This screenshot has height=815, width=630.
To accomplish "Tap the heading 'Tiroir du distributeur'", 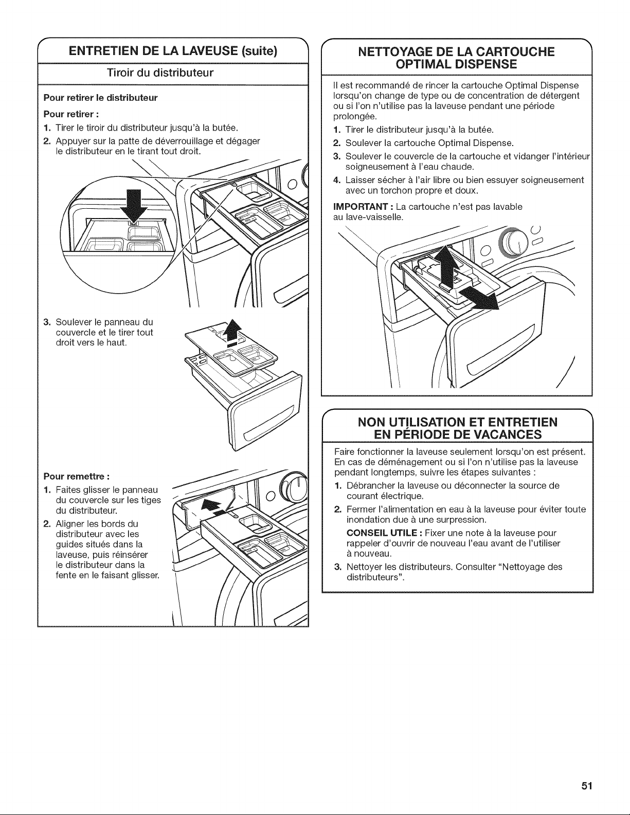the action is [160, 73].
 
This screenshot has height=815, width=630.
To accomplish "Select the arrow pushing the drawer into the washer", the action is [214, 506].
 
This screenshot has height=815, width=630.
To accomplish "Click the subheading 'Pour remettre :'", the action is [77, 477].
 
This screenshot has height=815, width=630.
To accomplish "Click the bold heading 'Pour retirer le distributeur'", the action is [100, 98].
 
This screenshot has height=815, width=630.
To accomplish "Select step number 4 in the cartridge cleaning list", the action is [336, 180].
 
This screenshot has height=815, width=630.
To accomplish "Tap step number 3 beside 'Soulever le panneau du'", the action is [47, 322].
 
